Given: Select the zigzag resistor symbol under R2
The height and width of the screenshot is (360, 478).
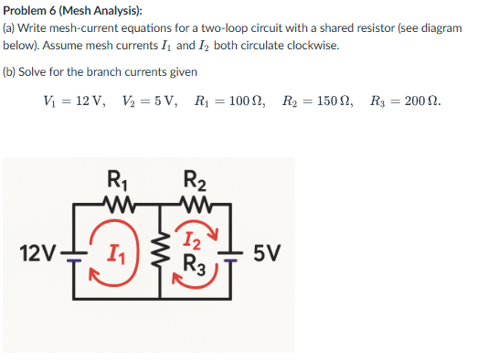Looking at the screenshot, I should [195, 202].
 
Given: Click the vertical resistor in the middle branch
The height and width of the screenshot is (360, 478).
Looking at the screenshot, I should [154, 249].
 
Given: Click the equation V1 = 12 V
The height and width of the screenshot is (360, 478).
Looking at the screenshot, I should [65, 101].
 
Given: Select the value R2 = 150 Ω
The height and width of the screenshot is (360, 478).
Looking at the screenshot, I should [312, 101].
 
